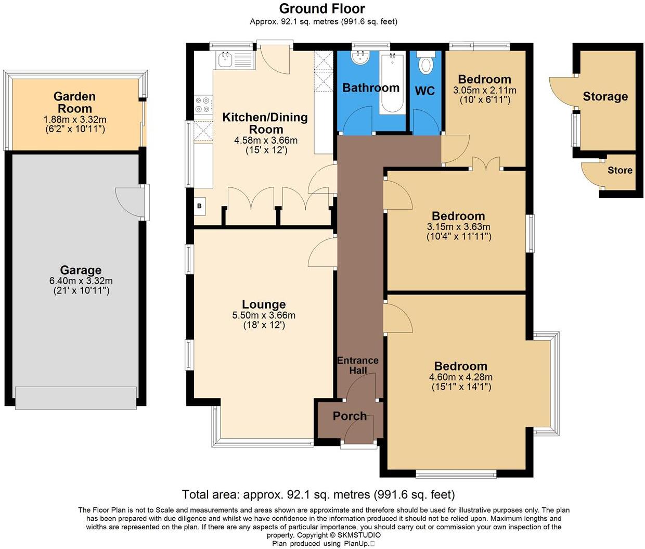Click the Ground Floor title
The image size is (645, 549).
(322, 9)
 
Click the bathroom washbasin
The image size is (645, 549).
(360, 58)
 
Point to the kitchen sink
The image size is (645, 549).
(226, 60)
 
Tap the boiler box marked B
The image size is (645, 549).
(199, 206)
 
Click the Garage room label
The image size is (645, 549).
(81, 270)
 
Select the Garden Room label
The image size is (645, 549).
(75, 103)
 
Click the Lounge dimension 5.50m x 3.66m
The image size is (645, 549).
(264, 315)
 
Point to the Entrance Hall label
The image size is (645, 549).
(358, 365)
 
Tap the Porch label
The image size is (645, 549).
(350, 416)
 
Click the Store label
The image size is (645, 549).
(620, 170)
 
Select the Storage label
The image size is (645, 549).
(605, 96)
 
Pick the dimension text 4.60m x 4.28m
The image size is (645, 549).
(461, 377)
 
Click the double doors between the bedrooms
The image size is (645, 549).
(486, 164)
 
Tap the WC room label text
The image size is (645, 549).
(425, 91)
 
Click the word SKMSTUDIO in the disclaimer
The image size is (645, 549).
(359, 535)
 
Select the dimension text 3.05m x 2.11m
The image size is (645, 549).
(485, 90)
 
